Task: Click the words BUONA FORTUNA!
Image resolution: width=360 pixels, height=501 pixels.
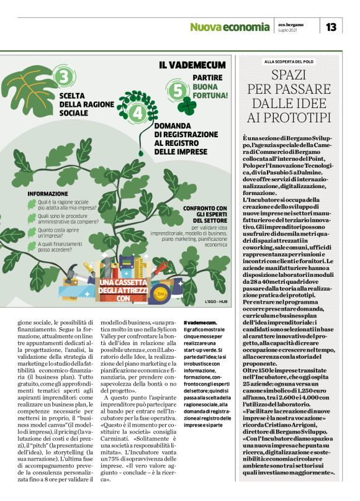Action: [x=210, y=91]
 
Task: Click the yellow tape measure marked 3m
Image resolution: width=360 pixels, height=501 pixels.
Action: [x=158, y=292]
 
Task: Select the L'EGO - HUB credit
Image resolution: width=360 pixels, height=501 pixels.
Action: [x=217, y=302]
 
